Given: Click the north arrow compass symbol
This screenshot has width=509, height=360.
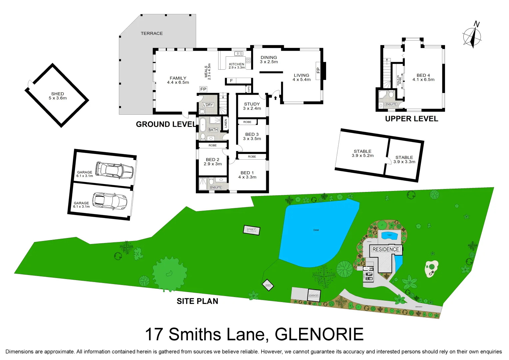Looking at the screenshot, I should (x=472, y=36).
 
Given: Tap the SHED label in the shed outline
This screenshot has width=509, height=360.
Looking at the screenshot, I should (x=58, y=96).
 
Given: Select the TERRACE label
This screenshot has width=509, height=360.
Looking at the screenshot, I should (x=152, y=33).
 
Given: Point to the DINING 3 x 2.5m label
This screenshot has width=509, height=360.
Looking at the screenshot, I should (x=269, y=60).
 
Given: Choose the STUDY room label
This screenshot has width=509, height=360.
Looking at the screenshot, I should (x=252, y=106).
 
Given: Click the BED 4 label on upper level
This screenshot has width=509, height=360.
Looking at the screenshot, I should (x=423, y=77).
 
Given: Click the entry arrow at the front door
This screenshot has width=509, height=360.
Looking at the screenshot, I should (x=275, y=98).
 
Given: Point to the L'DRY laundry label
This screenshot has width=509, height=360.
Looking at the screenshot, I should (x=208, y=105).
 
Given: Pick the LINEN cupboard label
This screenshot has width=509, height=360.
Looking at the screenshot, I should (x=226, y=123).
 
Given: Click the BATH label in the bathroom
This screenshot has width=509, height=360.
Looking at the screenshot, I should (x=213, y=130).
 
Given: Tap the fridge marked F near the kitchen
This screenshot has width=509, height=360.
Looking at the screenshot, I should (x=232, y=81).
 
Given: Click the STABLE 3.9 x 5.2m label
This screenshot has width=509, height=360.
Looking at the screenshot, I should (x=362, y=153).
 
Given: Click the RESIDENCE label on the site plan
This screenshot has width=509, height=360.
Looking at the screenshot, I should (x=385, y=249).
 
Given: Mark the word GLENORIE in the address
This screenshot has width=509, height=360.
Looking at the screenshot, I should (x=319, y=334).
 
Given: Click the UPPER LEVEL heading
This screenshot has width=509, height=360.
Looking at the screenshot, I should (x=411, y=119).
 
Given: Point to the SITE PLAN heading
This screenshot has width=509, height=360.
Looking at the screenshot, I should (x=197, y=301).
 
